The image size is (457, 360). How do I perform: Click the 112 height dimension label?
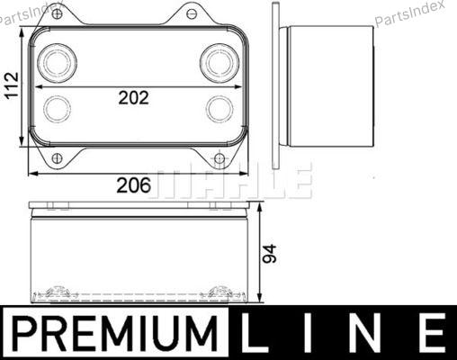[13, 85]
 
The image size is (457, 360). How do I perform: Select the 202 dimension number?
[134, 98]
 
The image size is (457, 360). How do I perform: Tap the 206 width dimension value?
[134, 185]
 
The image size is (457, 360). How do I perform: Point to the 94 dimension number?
[269, 254]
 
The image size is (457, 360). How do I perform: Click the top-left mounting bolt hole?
[58, 13]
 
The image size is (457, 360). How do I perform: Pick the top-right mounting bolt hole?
[191, 13]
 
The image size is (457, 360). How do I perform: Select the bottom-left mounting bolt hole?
[57, 158]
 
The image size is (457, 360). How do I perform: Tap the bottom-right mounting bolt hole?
[220, 158]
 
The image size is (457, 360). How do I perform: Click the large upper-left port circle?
[57, 63]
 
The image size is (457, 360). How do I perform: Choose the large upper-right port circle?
[220, 63]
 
